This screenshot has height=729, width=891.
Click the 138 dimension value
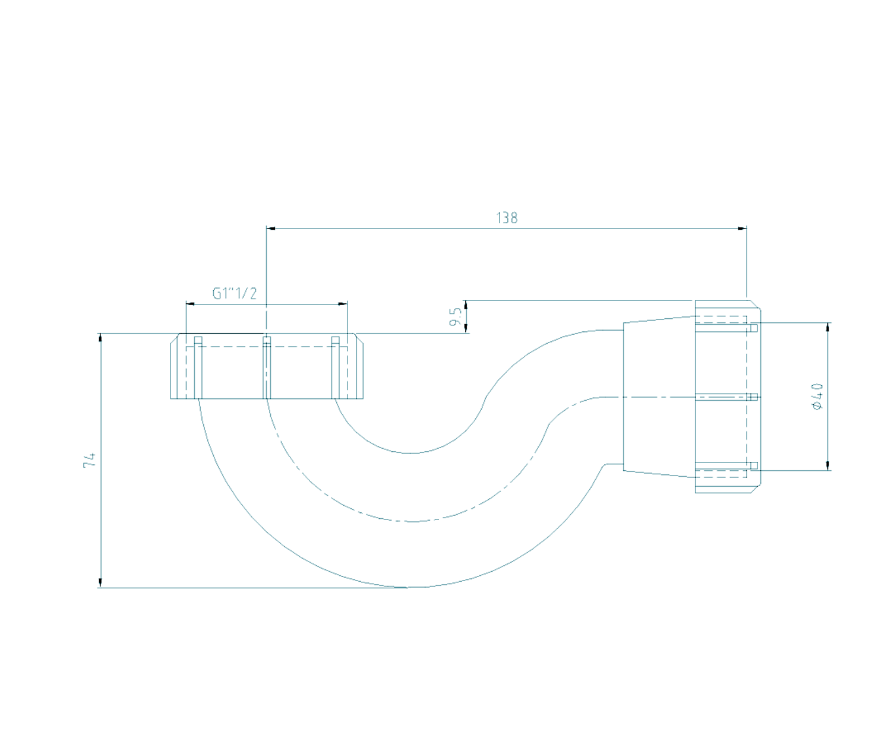click(506, 218)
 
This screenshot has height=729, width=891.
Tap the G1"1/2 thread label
click(234, 293)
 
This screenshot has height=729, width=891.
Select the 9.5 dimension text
click(456, 316)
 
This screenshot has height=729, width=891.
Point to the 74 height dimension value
click(90, 460)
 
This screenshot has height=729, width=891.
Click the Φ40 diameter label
click(817, 396)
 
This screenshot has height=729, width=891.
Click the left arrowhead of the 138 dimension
click(271, 229)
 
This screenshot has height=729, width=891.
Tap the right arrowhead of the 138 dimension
click(741, 229)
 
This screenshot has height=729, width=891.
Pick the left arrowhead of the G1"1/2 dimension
click(191, 304)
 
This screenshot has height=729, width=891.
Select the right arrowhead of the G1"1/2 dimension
click(343, 304)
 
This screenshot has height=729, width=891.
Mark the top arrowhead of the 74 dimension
click(100, 338)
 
